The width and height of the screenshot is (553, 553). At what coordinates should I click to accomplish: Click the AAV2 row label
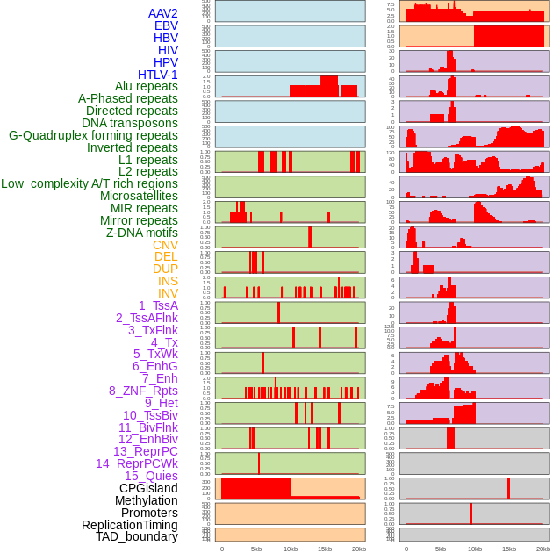click(x=162, y=13)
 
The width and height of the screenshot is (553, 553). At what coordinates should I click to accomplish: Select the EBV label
click(x=166, y=25)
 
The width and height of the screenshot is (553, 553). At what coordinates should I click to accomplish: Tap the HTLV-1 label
click(x=158, y=75)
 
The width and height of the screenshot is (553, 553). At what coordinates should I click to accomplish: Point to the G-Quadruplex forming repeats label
click(x=93, y=135)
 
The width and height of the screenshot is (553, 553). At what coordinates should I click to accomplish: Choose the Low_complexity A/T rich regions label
click(x=90, y=183)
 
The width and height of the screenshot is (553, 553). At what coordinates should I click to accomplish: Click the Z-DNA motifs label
click(x=142, y=233)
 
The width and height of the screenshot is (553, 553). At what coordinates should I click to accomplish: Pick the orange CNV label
click(x=165, y=245)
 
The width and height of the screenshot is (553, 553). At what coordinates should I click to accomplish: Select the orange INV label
click(x=168, y=293)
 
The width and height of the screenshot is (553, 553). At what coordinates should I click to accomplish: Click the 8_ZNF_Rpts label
click(x=143, y=391)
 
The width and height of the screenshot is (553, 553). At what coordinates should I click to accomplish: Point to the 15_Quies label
click(x=151, y=476)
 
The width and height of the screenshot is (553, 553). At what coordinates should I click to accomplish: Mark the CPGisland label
click(x=148, y=488)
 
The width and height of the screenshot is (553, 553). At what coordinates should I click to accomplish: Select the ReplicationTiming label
click(x=129, y=525)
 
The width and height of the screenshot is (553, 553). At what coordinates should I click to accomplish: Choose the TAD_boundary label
click(x=137, y=536)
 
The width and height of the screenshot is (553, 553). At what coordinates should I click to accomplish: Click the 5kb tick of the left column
click(x=256, y=549)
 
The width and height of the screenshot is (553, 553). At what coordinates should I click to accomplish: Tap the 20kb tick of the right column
click(x=543, y=549)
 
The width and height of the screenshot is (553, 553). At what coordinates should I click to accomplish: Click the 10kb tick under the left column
click(x=290, y=549)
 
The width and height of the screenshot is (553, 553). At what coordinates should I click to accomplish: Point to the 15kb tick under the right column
click(x=508, y=549)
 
